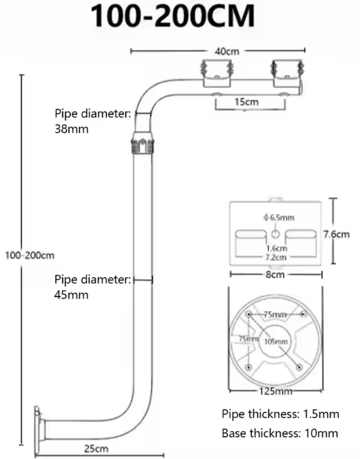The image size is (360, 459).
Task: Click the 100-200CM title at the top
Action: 173,16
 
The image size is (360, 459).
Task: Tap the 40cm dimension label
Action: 227,52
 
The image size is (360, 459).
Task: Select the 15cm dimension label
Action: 247,102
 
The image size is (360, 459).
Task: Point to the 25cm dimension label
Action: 96,448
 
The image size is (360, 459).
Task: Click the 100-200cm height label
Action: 30,255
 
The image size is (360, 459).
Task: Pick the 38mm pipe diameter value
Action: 71,129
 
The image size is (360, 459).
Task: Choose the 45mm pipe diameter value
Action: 71,295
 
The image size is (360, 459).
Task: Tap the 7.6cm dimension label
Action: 336,234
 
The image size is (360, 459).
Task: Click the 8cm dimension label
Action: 275,275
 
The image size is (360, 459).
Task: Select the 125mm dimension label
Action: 276,391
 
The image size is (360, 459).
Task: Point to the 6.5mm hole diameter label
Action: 278,217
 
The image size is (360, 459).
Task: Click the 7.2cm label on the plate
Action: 276,258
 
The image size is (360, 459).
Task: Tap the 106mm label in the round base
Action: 276,342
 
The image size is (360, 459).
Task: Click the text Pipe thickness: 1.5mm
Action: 280,414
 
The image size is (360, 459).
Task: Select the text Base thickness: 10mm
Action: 280,433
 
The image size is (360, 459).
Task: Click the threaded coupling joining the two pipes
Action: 143,143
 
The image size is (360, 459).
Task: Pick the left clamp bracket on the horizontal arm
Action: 217,73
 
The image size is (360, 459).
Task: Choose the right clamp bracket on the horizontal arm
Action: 287,73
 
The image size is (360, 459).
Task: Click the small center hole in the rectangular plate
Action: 275,234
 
